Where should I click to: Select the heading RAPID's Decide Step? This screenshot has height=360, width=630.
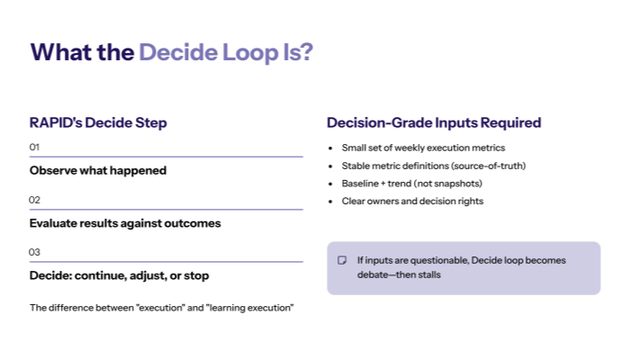(98, 122)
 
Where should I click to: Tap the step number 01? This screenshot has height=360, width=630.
(35, 147)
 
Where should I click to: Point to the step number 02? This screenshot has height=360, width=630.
(35, 200)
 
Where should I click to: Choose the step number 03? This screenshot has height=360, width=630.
(35, 252)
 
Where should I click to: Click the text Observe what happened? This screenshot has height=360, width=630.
(98, 170)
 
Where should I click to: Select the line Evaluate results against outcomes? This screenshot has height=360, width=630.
(125, 223)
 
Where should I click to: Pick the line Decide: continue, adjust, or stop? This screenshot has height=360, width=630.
(120, 275)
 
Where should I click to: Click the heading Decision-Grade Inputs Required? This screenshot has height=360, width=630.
(434, 122)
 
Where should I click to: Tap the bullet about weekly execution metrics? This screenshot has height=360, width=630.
(423, 148)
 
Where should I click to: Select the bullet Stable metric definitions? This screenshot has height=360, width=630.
(433, 166)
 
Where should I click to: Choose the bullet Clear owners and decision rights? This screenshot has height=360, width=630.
(412, 202)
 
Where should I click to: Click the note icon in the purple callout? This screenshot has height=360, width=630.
(342, 260)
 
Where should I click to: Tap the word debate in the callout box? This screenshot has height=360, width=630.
(373, 274)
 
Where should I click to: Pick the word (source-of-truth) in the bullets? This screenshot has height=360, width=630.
(487, 166)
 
